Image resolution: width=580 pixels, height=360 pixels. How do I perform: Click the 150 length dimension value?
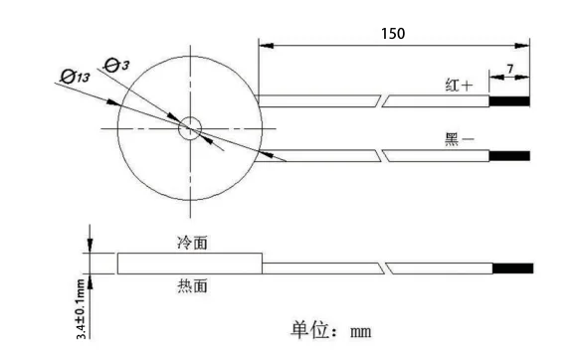pyautogui.click(x=393, y=33)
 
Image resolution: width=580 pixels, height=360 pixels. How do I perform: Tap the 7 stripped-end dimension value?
pyautogui.click(x=510, y=69)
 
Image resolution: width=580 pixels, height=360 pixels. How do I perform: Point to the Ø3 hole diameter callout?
pyautogui.click(x=116, y=66)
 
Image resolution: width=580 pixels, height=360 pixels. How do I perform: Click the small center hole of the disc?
pyautogui.click(x=189, y=128)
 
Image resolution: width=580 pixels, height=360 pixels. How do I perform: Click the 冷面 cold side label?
pyautogui.click(x=191, y=242)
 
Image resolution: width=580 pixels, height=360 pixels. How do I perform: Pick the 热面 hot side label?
pyautogui.click(x=191, y=286)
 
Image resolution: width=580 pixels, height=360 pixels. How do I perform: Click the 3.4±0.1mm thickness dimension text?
pyautogui.click(x=82, y=308)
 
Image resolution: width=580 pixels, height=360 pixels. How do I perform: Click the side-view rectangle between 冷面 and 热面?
pyautogui.click(x=189, y=264)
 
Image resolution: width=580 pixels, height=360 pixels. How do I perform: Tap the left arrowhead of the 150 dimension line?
pyautogui.click(x=265, y=44)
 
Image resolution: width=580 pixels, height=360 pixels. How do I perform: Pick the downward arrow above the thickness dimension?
pyautogui.click(x=90, y=245)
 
